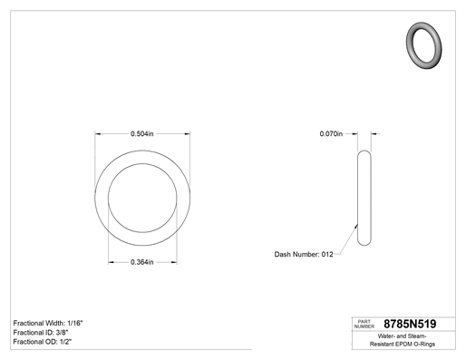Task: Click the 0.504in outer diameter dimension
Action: (142, 133)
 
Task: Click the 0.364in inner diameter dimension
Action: (142, 262)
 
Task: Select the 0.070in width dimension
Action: (331, 133)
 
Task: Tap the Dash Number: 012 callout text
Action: (304, 254)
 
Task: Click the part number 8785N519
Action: (410, 324)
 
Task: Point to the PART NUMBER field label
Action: (364, 324)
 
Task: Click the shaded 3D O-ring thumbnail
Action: (423, 45)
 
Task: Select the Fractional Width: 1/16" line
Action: (48, 323)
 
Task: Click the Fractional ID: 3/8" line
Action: (41, 333)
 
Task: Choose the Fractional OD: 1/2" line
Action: (43, 342)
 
